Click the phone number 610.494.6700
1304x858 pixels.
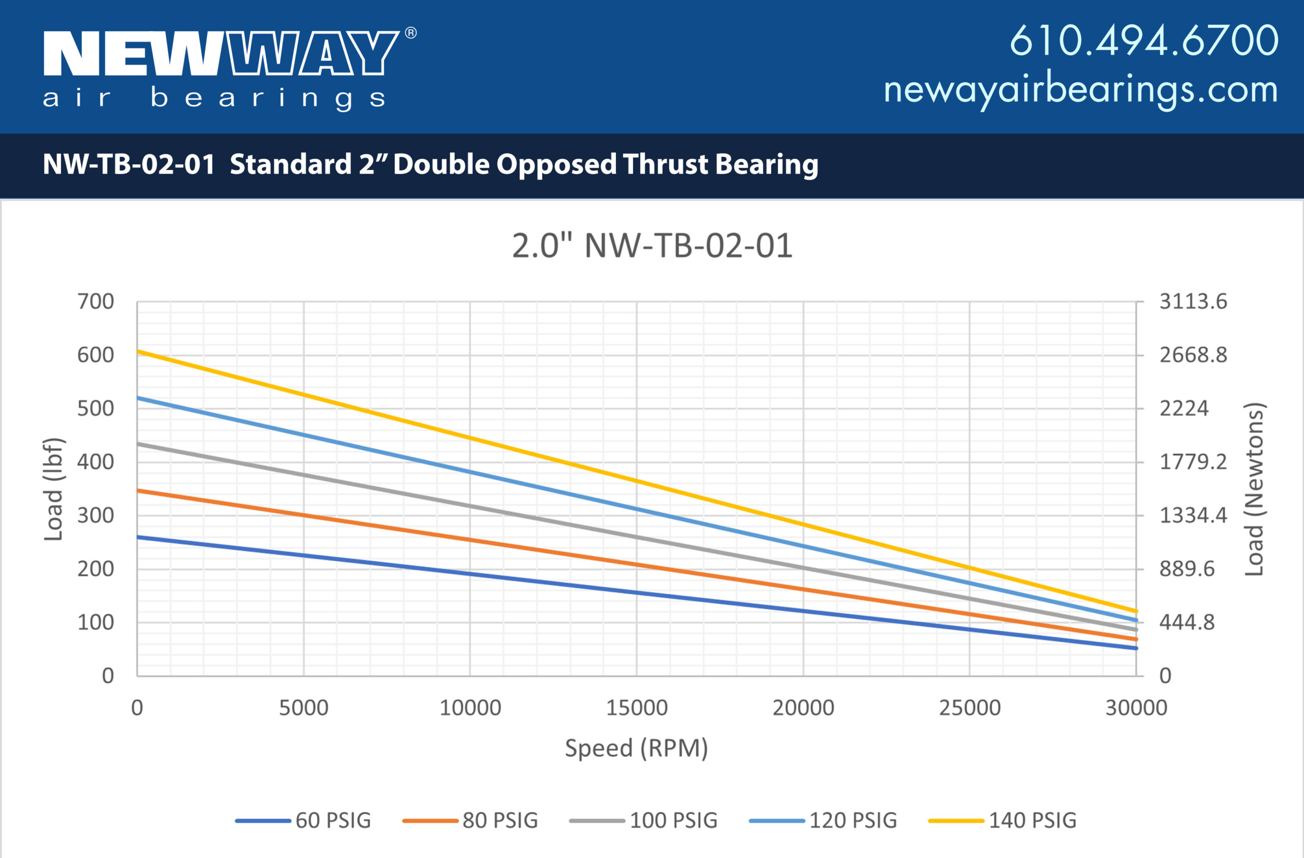pyautogui.click(x=1144, y=41)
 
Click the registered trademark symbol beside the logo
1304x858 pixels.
pyautogui.click(x=411, y=33)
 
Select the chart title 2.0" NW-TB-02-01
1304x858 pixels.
pyautogui.click(x=652, y=246)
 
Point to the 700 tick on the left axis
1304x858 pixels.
pyautogui.click(x=95, y=301)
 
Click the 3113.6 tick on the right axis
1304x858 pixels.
pyautogui.click(x=1193, y=301)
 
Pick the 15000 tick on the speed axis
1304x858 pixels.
pyautogui.click(x=637, y=708)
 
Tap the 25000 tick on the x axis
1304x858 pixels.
pyautogui.click(x=970, y=708)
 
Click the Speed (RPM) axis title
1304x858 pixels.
pyautogui.click(x=636, y=748)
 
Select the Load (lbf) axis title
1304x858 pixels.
pyautogui.click(x=53, y=489)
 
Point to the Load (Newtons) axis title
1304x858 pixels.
pyautogui.click(x=1254, y=489)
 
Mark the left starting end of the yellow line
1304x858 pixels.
pyautogui.click(x=138, y=351)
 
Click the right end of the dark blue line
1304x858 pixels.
pyautogui.click(x=1135, y=648)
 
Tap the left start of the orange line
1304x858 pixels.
pyautogui.click(x=138, y=490)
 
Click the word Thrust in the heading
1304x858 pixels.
pyautogui.click(x=665, y=164)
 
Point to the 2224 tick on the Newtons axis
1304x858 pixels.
pyautogui.click(x=1183, y=408)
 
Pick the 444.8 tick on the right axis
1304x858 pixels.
pyautogui.click(x=1187, y=623)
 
